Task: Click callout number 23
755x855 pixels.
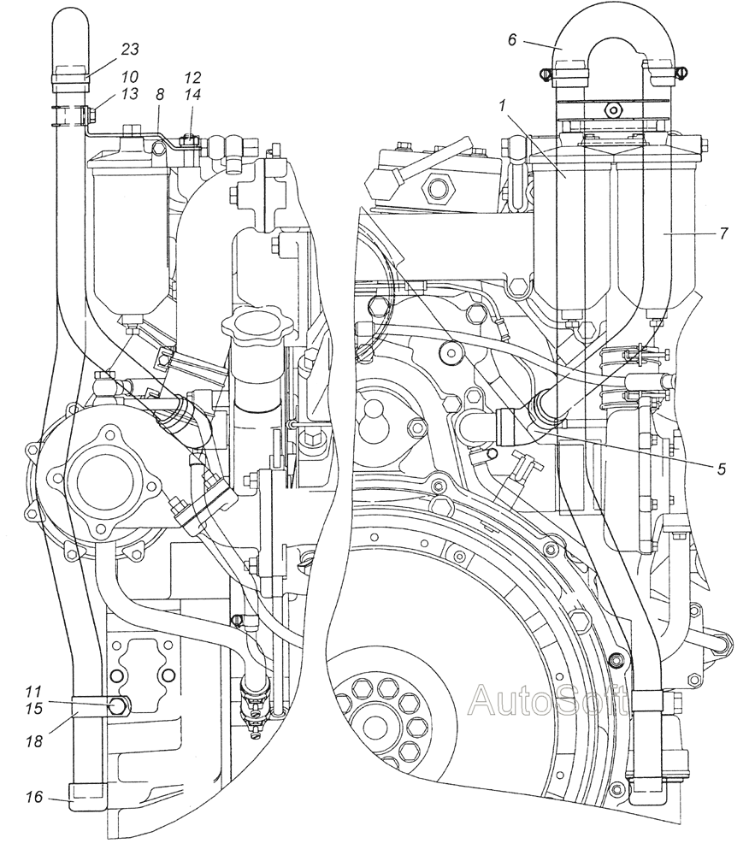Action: [130, 49]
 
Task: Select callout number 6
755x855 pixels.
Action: [512, 40]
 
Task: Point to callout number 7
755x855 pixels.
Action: [723, 233]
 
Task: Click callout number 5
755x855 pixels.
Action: [722, 469]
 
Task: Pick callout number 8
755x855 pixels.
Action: [159, 94]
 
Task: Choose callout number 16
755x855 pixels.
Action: [34, 797]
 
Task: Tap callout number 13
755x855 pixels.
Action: [130, 94]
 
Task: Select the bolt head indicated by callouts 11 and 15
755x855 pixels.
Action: [118, 705]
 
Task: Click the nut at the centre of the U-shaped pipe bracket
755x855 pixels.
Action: [615, 109]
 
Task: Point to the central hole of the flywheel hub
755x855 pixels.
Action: [375, 728]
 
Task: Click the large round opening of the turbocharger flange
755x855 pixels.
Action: [102, 480]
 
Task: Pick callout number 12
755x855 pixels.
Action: [192, 77]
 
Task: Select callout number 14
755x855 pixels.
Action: [192, 94]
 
